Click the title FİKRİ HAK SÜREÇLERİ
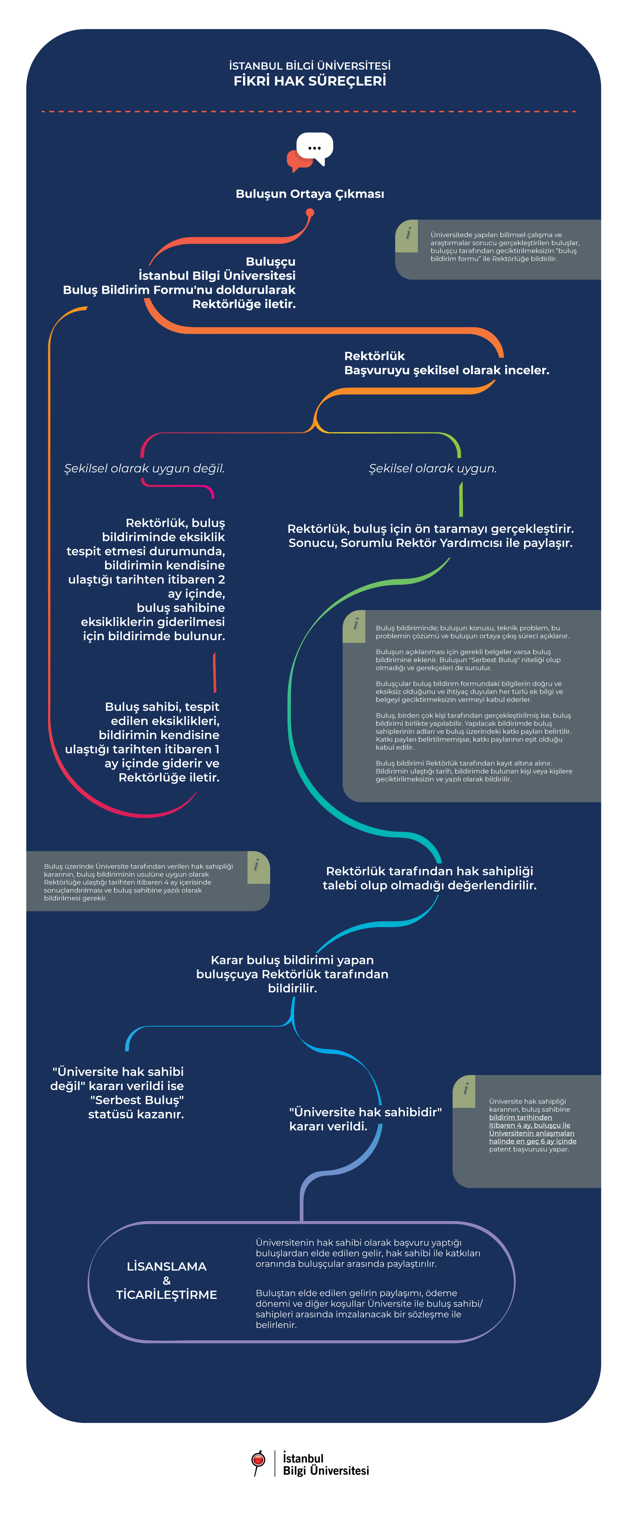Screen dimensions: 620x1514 (310, 81)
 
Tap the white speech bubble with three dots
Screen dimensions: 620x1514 (315, 148)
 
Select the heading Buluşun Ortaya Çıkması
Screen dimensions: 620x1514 (310, 194)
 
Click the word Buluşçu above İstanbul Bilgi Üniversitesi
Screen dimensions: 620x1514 (270, 262)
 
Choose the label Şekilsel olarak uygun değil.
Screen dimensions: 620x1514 (144, 468)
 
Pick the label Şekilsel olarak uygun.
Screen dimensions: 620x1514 (432, 468)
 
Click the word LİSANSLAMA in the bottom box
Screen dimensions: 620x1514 (166, 1267)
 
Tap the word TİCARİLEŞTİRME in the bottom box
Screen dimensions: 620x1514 (166, 1295)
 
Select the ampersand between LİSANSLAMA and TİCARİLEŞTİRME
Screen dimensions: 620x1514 (166, 1281)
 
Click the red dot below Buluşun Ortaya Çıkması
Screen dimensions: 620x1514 (310, 213)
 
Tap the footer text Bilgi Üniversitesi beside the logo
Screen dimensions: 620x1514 (326, 1471)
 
